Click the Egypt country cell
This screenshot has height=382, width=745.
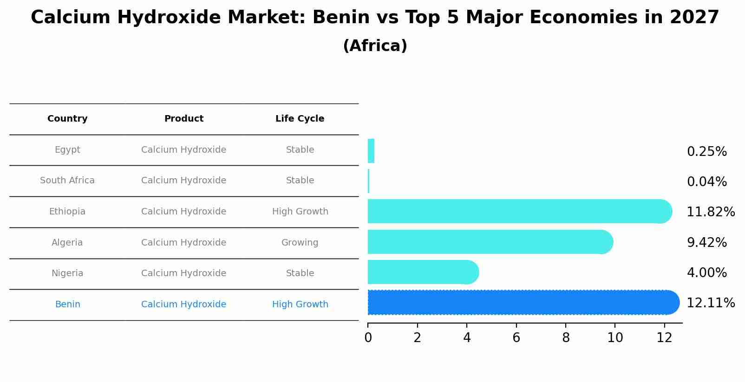67,150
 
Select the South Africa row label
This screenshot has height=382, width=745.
67,181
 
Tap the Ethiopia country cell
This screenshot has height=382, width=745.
67,212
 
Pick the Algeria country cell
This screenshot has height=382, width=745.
67,243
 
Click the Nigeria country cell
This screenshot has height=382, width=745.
67,273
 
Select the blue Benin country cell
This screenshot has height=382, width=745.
68,304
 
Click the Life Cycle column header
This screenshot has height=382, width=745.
300,119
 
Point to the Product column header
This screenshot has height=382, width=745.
184,119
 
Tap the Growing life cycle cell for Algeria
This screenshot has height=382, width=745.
300,243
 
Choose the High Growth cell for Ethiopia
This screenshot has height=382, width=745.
300,212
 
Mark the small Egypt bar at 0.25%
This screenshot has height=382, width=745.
371,151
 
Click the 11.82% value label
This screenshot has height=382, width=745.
711,212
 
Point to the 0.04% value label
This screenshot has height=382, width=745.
706,182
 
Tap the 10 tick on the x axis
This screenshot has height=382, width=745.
615,338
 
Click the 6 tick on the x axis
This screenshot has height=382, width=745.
516,338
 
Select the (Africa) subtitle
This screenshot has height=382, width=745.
375,46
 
